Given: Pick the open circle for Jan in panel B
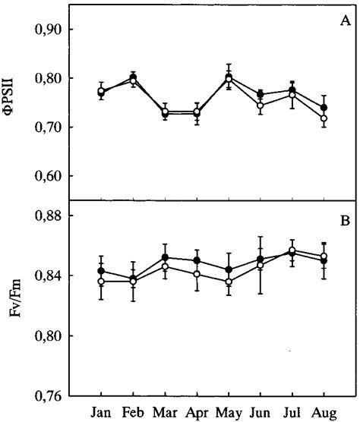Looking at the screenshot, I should click(x=101, y=282).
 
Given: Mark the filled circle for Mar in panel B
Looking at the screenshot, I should click(x=165, y=257).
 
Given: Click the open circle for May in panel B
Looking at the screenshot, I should click(x=229, y=282).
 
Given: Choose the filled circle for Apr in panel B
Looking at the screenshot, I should click(x=197, y=260).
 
